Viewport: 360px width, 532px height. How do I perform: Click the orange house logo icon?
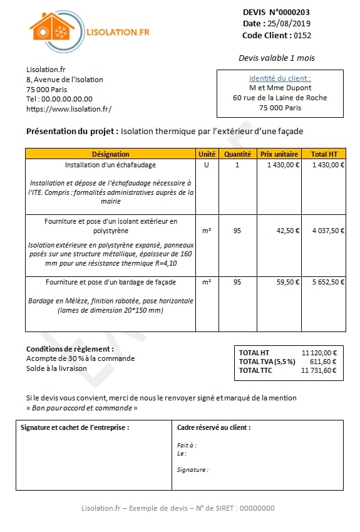[x=51, y=31]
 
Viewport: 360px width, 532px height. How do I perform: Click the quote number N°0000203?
[x=289, y=12]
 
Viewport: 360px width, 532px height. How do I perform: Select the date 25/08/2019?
[x=290, y=24]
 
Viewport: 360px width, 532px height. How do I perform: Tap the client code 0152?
[x=302, y=36]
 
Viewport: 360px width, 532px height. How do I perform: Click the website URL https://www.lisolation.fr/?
[x=69, y=109]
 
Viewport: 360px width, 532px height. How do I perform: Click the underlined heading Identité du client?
[x=280, y=78]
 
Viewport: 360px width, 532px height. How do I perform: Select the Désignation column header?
[x=110, y=154]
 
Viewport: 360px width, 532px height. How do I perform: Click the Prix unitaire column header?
[x=279, y=154]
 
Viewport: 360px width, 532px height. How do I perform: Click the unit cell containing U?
[x=206, y=165]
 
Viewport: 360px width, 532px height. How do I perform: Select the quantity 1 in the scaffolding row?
[x=237, y=165]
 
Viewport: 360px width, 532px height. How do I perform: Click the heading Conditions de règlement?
[x=70, y=349]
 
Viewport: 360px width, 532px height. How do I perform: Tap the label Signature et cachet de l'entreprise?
[x=75, y=427]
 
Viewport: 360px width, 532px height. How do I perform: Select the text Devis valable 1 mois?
[x=276, y=58]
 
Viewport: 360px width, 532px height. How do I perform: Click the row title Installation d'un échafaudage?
[x=110, y=165]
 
